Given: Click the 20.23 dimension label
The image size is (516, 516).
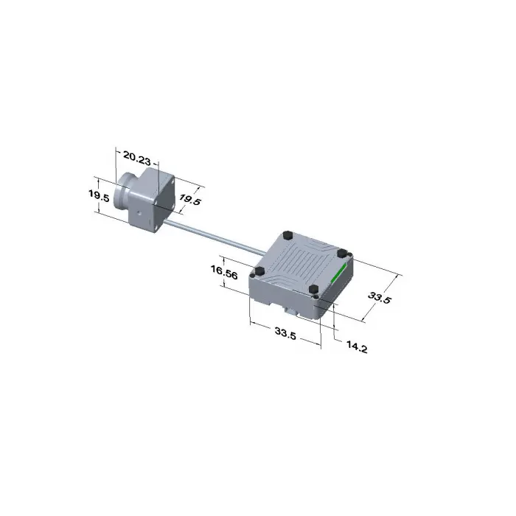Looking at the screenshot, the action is point(136,158).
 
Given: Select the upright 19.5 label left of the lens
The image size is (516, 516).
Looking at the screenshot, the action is point(98,195).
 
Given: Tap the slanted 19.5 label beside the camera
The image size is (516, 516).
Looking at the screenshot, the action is point(189,200).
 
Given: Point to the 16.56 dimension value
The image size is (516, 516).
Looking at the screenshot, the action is point(224,272).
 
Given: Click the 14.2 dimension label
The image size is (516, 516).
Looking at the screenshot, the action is point(357,347).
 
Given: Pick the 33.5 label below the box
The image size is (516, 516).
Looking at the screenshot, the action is point(286,333).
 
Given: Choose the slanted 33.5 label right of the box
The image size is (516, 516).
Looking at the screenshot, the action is point(380,298).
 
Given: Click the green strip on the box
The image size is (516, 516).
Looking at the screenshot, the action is point(338,273).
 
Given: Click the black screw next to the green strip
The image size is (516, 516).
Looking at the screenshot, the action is point(343,253).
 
